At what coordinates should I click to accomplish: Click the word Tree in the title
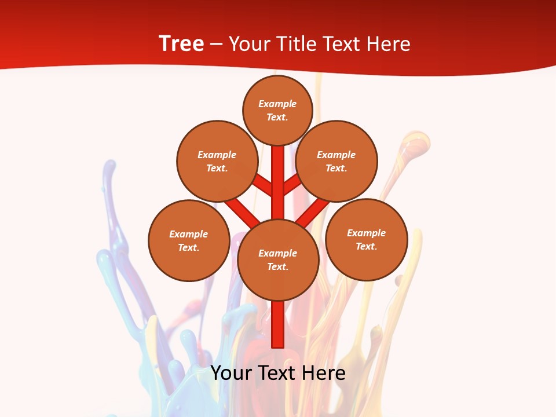coord(181,44)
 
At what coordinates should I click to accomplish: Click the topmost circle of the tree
coord(278,110)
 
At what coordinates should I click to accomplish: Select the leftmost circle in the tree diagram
coord(189,240)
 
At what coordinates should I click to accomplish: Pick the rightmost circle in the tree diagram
coord(367,239)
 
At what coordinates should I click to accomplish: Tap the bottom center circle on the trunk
coord(278,259)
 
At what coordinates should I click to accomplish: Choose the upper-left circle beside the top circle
coord(217,161)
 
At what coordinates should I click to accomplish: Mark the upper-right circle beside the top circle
coord(336,161)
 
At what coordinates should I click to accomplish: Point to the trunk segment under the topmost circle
coord(278,180)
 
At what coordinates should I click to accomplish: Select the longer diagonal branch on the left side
coord(242,211)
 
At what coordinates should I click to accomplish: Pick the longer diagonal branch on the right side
coord(313,213)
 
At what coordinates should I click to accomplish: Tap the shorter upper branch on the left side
coord(264,185)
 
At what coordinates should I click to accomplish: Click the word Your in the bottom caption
coord(231,372)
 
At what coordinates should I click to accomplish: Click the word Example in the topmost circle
coord(277,104)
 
